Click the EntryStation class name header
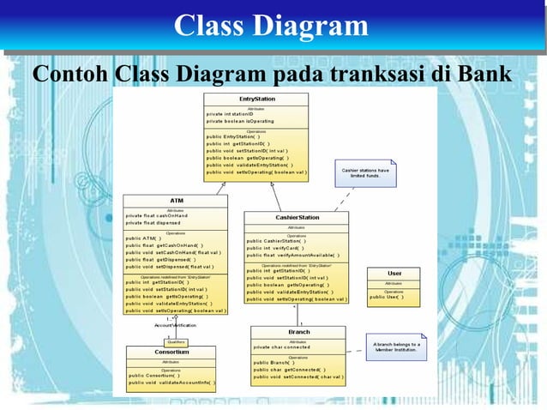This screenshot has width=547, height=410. [257, 99]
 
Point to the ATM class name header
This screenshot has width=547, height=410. [176, 200]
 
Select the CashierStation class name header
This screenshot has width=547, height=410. [297, 218]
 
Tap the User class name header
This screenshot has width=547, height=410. [394, 273]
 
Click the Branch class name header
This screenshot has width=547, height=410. [298, 332]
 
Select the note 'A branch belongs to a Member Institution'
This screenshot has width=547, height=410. [394, 347]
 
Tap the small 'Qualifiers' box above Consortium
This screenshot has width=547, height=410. [176, 341]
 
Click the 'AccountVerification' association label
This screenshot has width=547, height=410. [175, 325]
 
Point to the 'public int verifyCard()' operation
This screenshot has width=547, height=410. [273, 248]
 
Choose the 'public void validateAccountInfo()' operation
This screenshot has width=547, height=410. [171, 383]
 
